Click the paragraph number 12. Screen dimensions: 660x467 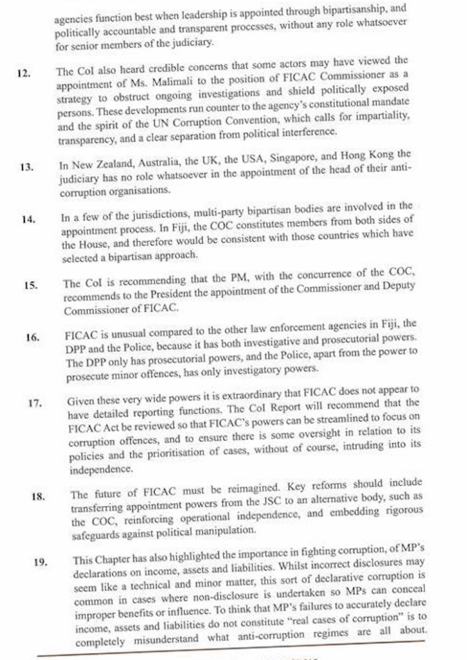pos(24,73)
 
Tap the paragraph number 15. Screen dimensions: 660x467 pos(30,285)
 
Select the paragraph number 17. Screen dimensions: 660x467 pos(35,403)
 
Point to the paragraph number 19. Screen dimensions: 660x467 pos(41,561)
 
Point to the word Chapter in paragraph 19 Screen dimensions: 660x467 pos(117,549)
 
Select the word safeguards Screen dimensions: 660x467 pos(98,531)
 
